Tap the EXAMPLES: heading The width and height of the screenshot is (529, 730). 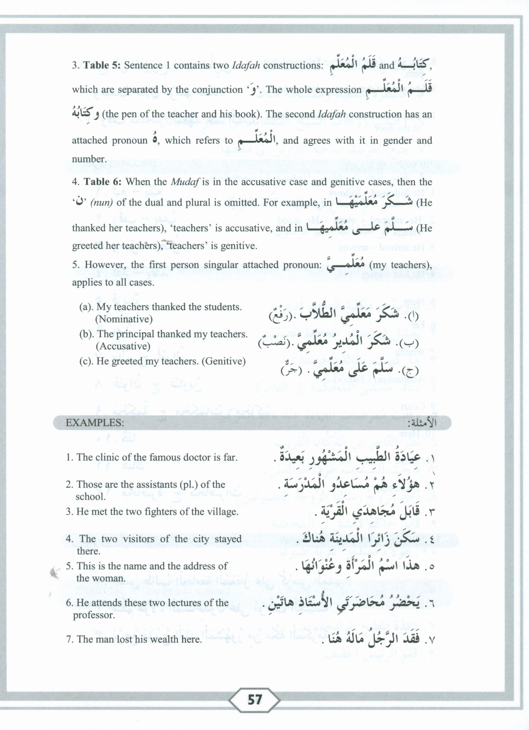94,423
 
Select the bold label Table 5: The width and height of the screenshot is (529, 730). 100,66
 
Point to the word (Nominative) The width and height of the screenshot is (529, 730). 124,319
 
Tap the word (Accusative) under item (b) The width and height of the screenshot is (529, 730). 122,346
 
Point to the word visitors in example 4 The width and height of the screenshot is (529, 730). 141,539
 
